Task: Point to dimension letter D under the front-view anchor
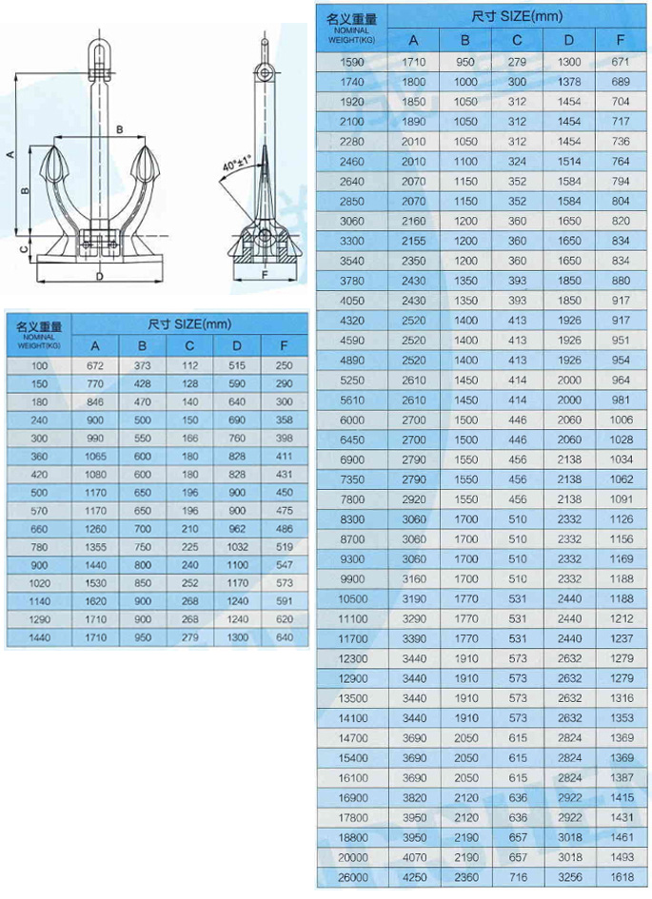coord(98,276)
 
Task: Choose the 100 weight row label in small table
coord(38,366)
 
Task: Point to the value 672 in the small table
coord(95,366)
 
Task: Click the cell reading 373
coord(142,366)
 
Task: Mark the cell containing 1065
coord(95,457)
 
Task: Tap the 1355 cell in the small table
coord(95,547)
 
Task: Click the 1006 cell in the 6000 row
coord(621,420)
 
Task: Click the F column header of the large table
coord(621,40)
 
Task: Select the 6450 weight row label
coord(351,439)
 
